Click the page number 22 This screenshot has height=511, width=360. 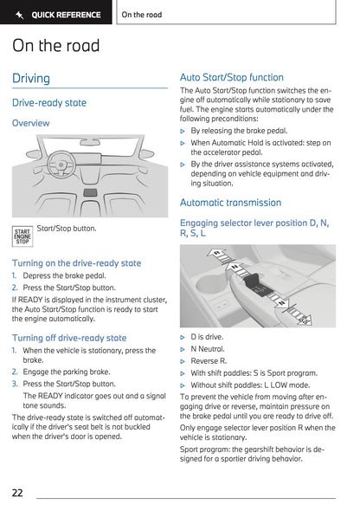(x=17, y=493)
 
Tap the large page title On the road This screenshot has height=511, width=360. (x=56, y=46)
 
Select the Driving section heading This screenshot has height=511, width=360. (x=31, y=79)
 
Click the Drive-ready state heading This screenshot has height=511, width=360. (x=49, y=102)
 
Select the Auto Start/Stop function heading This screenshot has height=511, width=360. (x=231, y=77)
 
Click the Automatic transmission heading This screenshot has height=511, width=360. (x=230, y=203)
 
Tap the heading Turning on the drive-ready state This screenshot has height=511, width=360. (x=76, y=263)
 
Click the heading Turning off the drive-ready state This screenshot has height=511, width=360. (x=69, y=338)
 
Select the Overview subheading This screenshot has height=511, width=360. (x=31, y=123)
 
